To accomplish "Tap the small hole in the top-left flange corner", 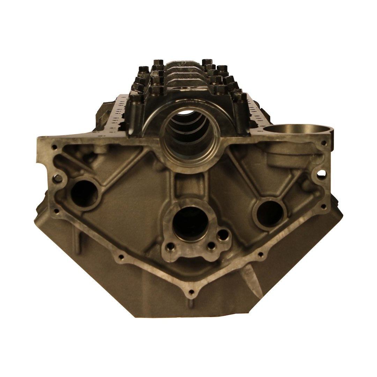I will pos(54,146).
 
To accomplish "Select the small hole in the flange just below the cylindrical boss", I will pos(325,143).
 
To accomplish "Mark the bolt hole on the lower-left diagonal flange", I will pos(121,257).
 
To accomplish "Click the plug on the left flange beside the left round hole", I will pos(56,180).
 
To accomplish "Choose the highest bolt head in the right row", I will pos(206,58).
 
